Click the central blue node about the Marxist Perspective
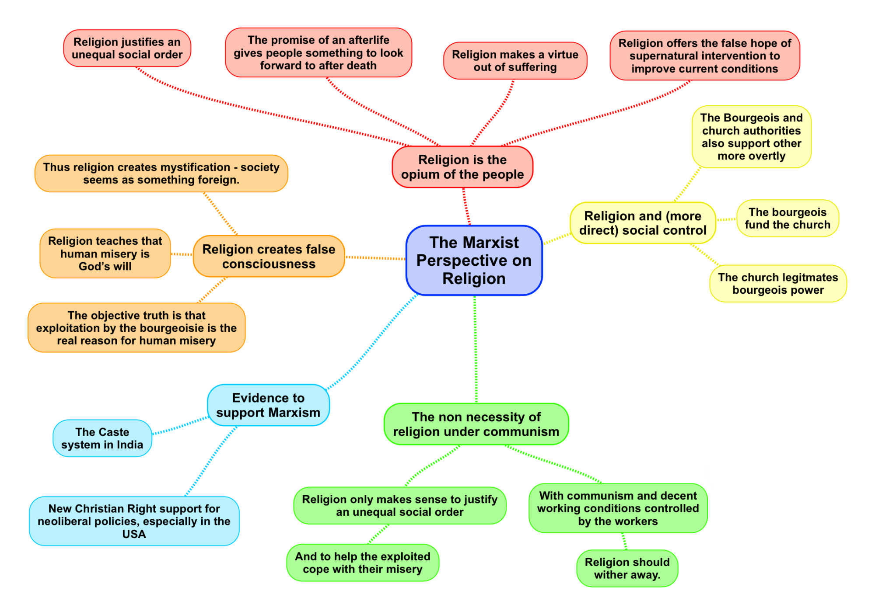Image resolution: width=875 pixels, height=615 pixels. [x=474, y=261]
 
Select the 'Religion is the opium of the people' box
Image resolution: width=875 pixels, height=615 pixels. [x=462, y=167]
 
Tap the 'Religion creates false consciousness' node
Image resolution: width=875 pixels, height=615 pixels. [x=269, y=257]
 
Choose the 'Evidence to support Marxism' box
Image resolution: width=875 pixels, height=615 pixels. [x=268, y=405]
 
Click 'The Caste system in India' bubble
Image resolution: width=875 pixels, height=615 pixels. [x=102, y=438]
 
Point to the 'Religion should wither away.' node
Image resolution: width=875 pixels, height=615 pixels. [x=627, y=568]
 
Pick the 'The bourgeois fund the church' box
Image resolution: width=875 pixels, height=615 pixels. [x=787, y=219]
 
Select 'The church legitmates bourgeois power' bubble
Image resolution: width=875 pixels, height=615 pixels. [x=778, y=284]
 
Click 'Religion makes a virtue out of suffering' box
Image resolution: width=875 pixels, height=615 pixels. [x=515, y=61]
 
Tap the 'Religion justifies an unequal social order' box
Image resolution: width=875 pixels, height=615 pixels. [x=127, y=48]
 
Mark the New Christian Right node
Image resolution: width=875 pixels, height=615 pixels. [x=134, y=521]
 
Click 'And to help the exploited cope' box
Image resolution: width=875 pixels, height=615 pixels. [x=362, y=563]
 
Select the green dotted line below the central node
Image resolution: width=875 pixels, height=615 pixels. [x=476, y=350]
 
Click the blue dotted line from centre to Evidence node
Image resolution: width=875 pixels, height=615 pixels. [x=372, y=341]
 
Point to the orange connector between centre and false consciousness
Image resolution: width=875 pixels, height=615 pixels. [x=375, y=258]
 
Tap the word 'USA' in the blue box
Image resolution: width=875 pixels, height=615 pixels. [x=134, y=534]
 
